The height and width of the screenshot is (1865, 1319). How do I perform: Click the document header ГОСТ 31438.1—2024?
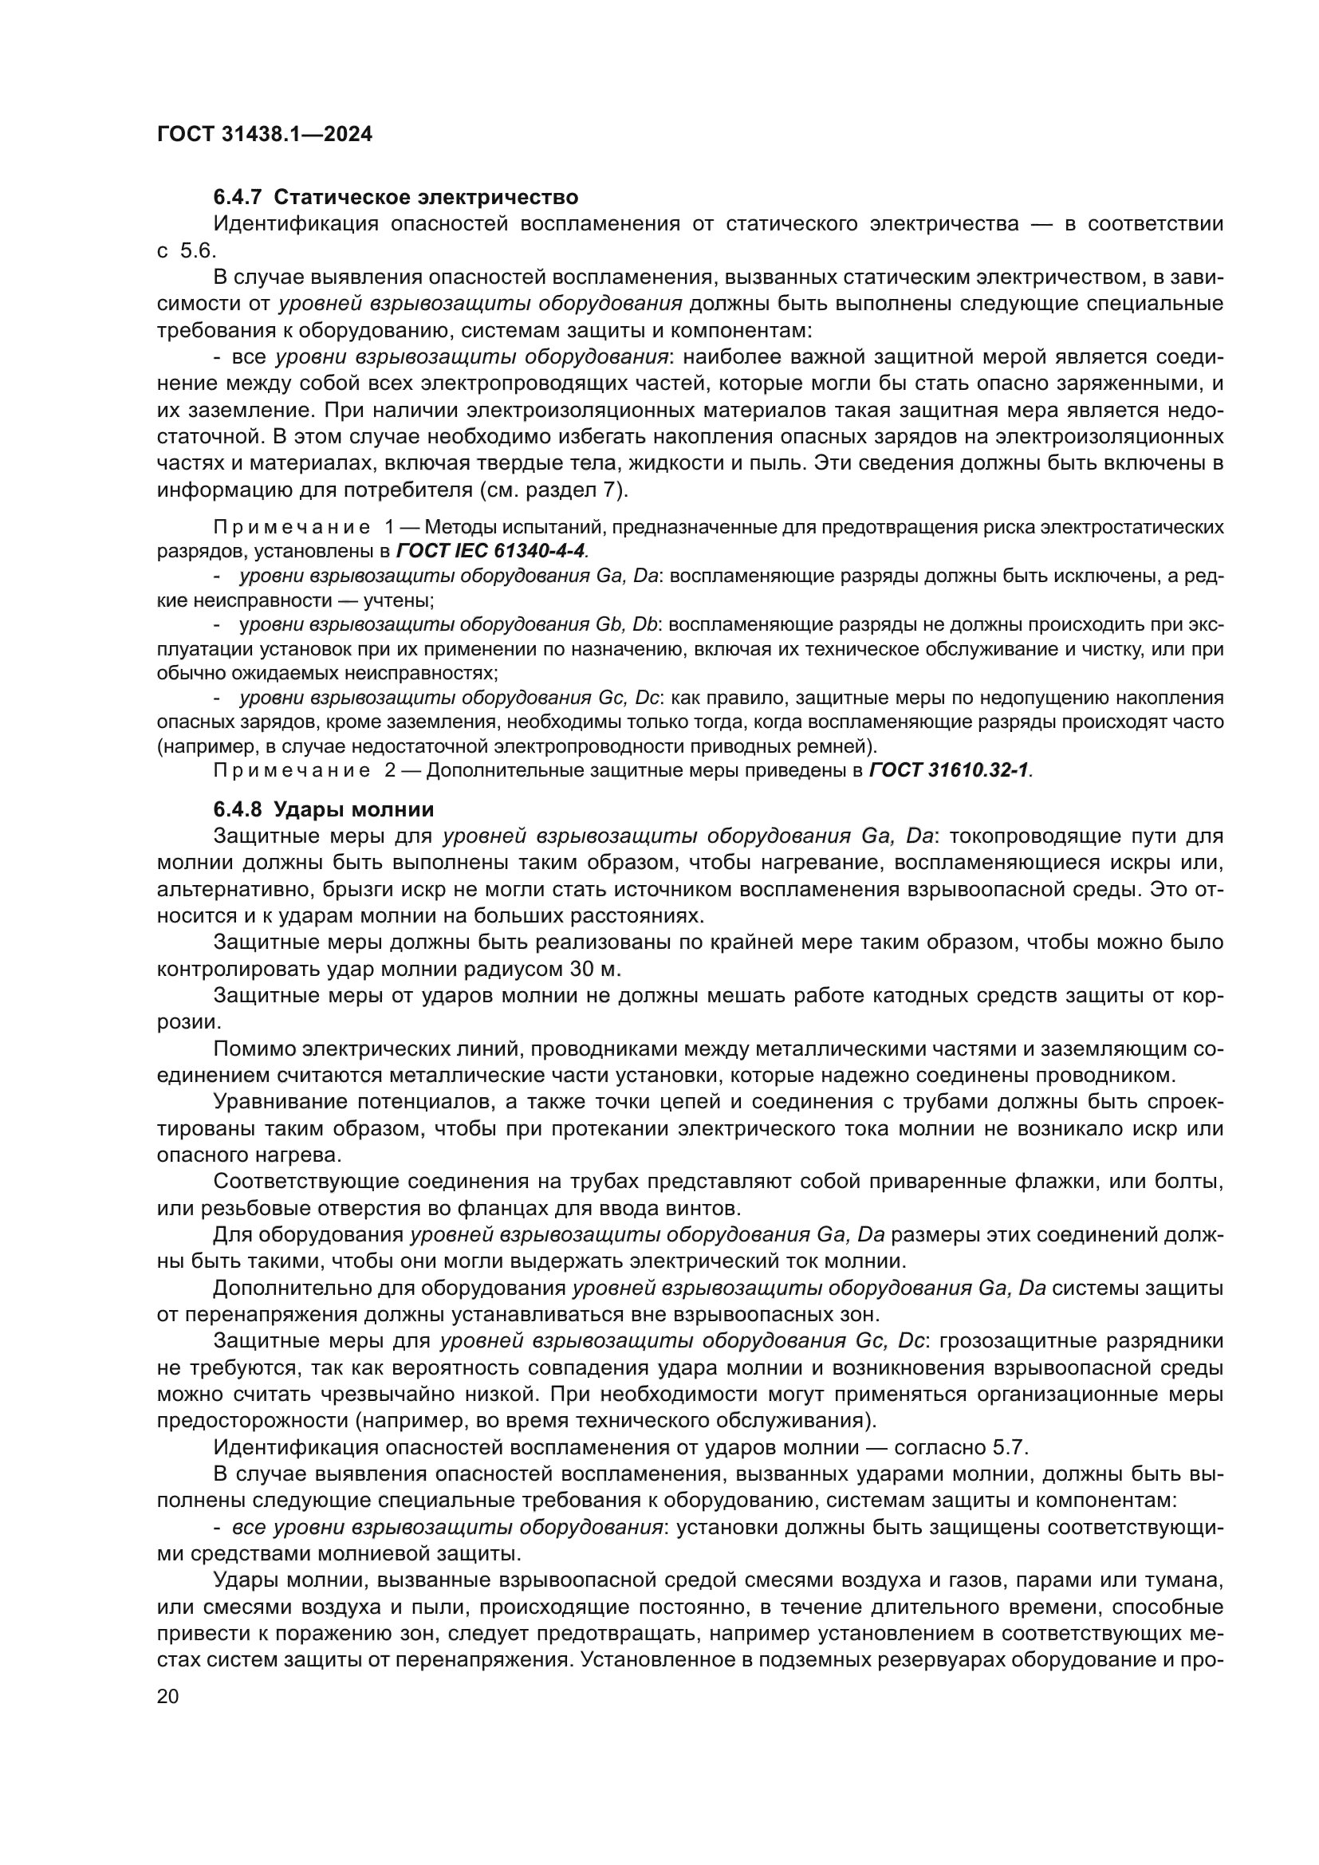click(264, 135)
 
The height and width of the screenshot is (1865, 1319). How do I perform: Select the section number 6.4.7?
click(238, 198)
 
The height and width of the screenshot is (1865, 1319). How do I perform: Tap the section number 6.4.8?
click(238, 810)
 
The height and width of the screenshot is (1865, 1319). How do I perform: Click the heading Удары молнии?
click(353, 810)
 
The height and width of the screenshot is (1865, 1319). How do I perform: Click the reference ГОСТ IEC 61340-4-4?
click(490, 551)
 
